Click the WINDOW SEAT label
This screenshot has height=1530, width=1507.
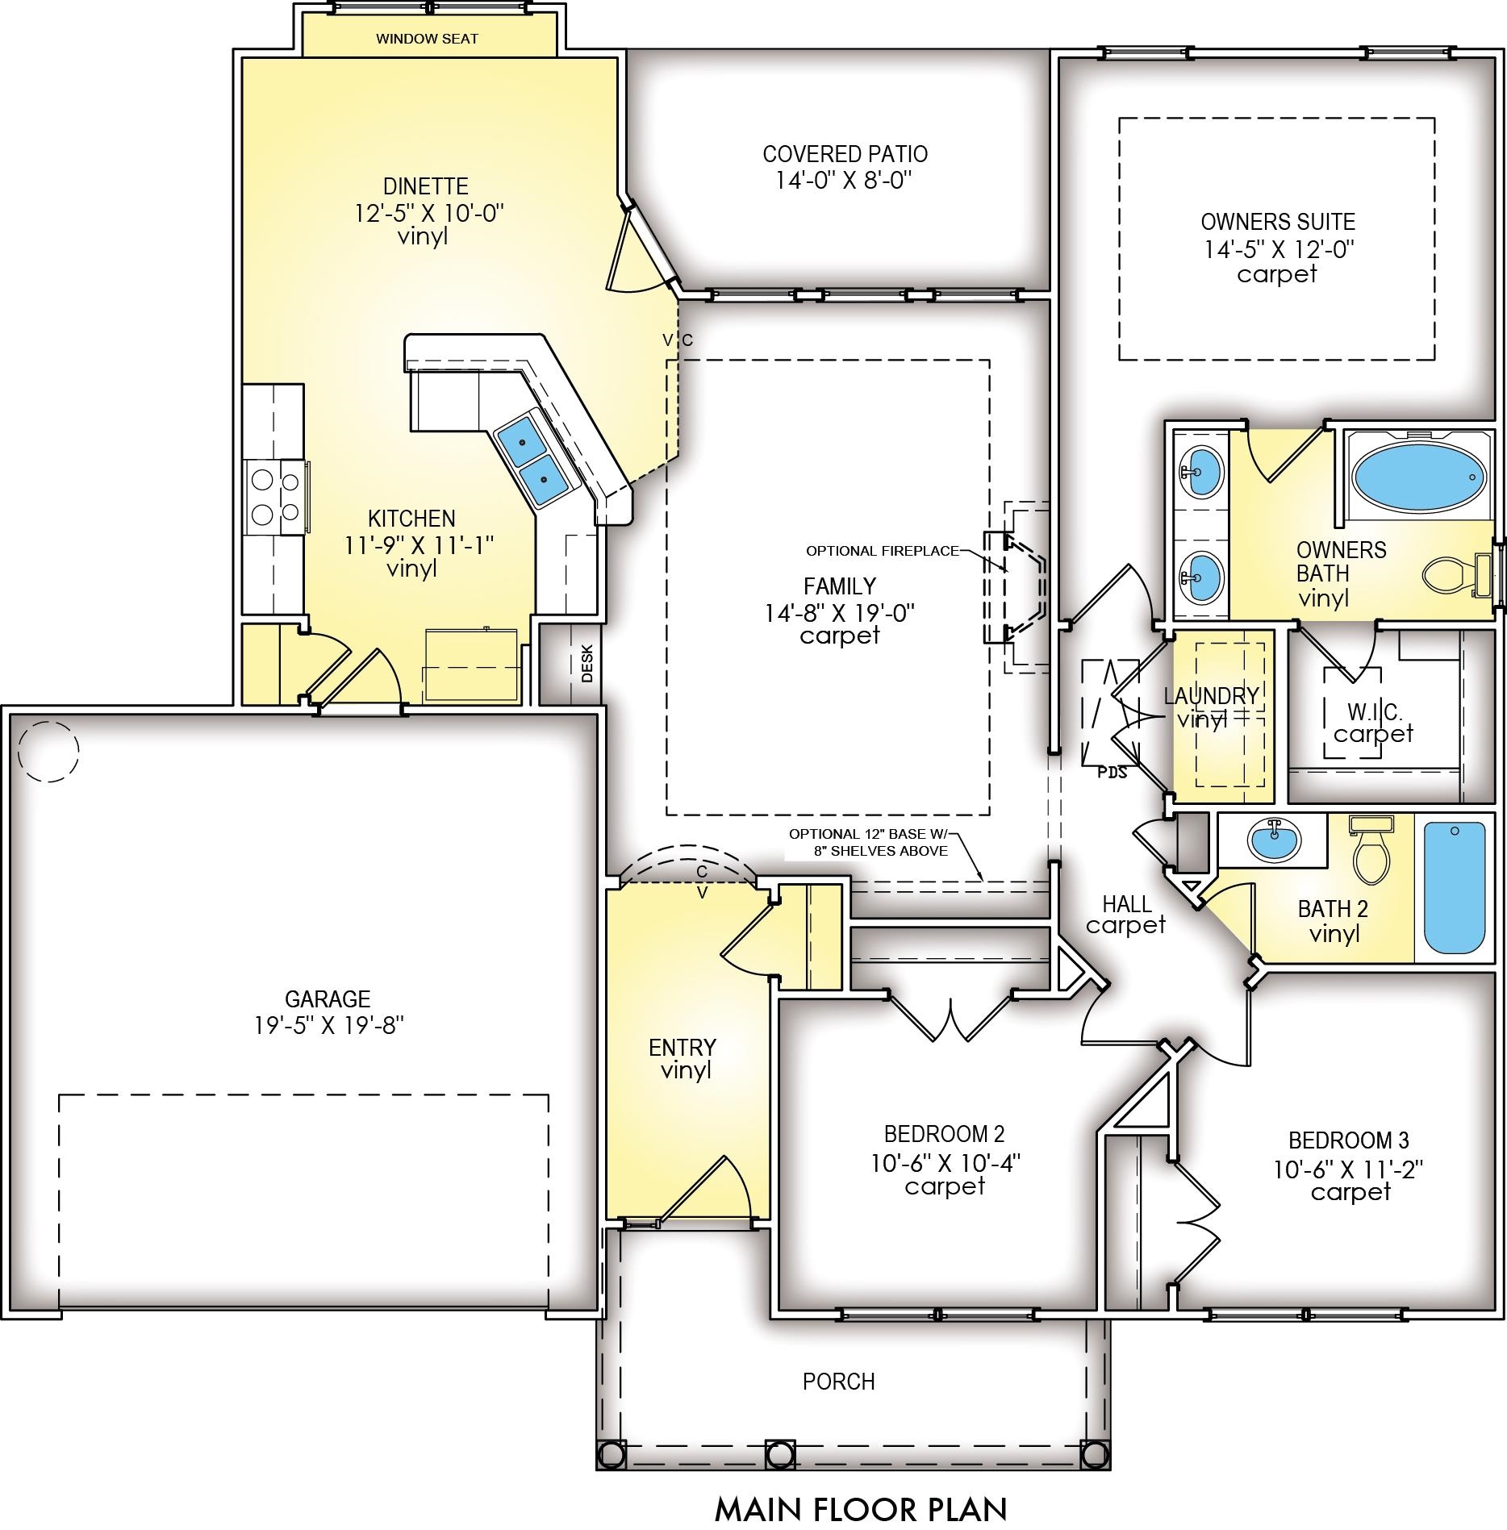click(427, 39)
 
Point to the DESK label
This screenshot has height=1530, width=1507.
click(587, 663)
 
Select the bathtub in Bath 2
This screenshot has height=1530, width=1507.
click(1455, 887)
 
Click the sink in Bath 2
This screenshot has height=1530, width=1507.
click(1275, 841)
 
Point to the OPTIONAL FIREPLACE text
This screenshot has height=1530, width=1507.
click(883, 551)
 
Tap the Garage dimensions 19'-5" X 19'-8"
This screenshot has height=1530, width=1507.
click(328, 1026)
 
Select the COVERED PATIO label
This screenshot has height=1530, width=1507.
click(845, 154)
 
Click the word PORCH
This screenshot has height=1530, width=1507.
click(839, 1382)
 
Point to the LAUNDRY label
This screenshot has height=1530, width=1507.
click(1212, 695)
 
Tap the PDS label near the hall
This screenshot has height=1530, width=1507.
click(1112, 772)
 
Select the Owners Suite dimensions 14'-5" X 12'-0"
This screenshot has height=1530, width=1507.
click(1279, 248)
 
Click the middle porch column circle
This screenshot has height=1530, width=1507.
click(779, 1453)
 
